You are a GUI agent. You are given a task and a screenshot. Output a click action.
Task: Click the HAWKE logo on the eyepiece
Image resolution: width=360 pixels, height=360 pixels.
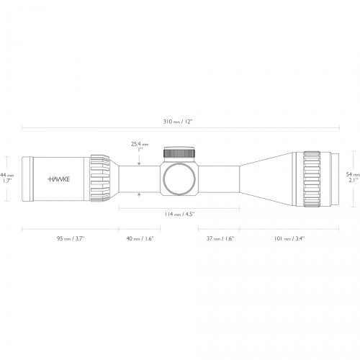[59, 179]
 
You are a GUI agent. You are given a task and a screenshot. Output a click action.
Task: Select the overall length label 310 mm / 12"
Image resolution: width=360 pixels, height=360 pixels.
[178, 122]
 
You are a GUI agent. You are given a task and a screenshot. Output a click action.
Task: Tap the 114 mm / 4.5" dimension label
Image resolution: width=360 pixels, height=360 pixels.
[179, 214]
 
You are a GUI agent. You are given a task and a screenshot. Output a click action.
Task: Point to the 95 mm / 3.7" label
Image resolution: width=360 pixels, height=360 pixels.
[71, 238]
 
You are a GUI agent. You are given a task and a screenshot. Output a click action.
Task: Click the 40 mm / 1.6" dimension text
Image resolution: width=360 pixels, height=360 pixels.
[140, 238]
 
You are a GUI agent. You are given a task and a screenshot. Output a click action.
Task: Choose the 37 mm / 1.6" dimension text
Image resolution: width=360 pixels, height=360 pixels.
[220, 238]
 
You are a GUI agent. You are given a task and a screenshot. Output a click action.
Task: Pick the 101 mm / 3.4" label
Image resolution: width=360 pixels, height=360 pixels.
[289, 238]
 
